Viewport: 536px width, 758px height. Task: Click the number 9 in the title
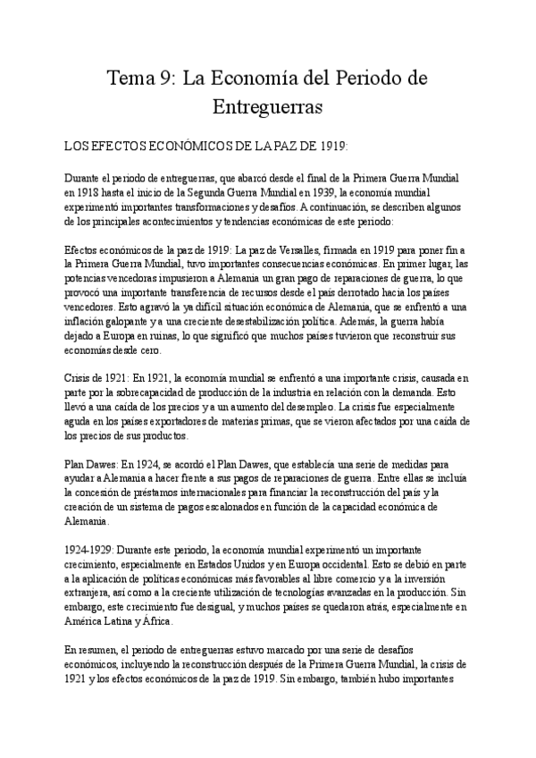[167, 79]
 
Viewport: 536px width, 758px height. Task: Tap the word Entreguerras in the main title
[268, 108]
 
